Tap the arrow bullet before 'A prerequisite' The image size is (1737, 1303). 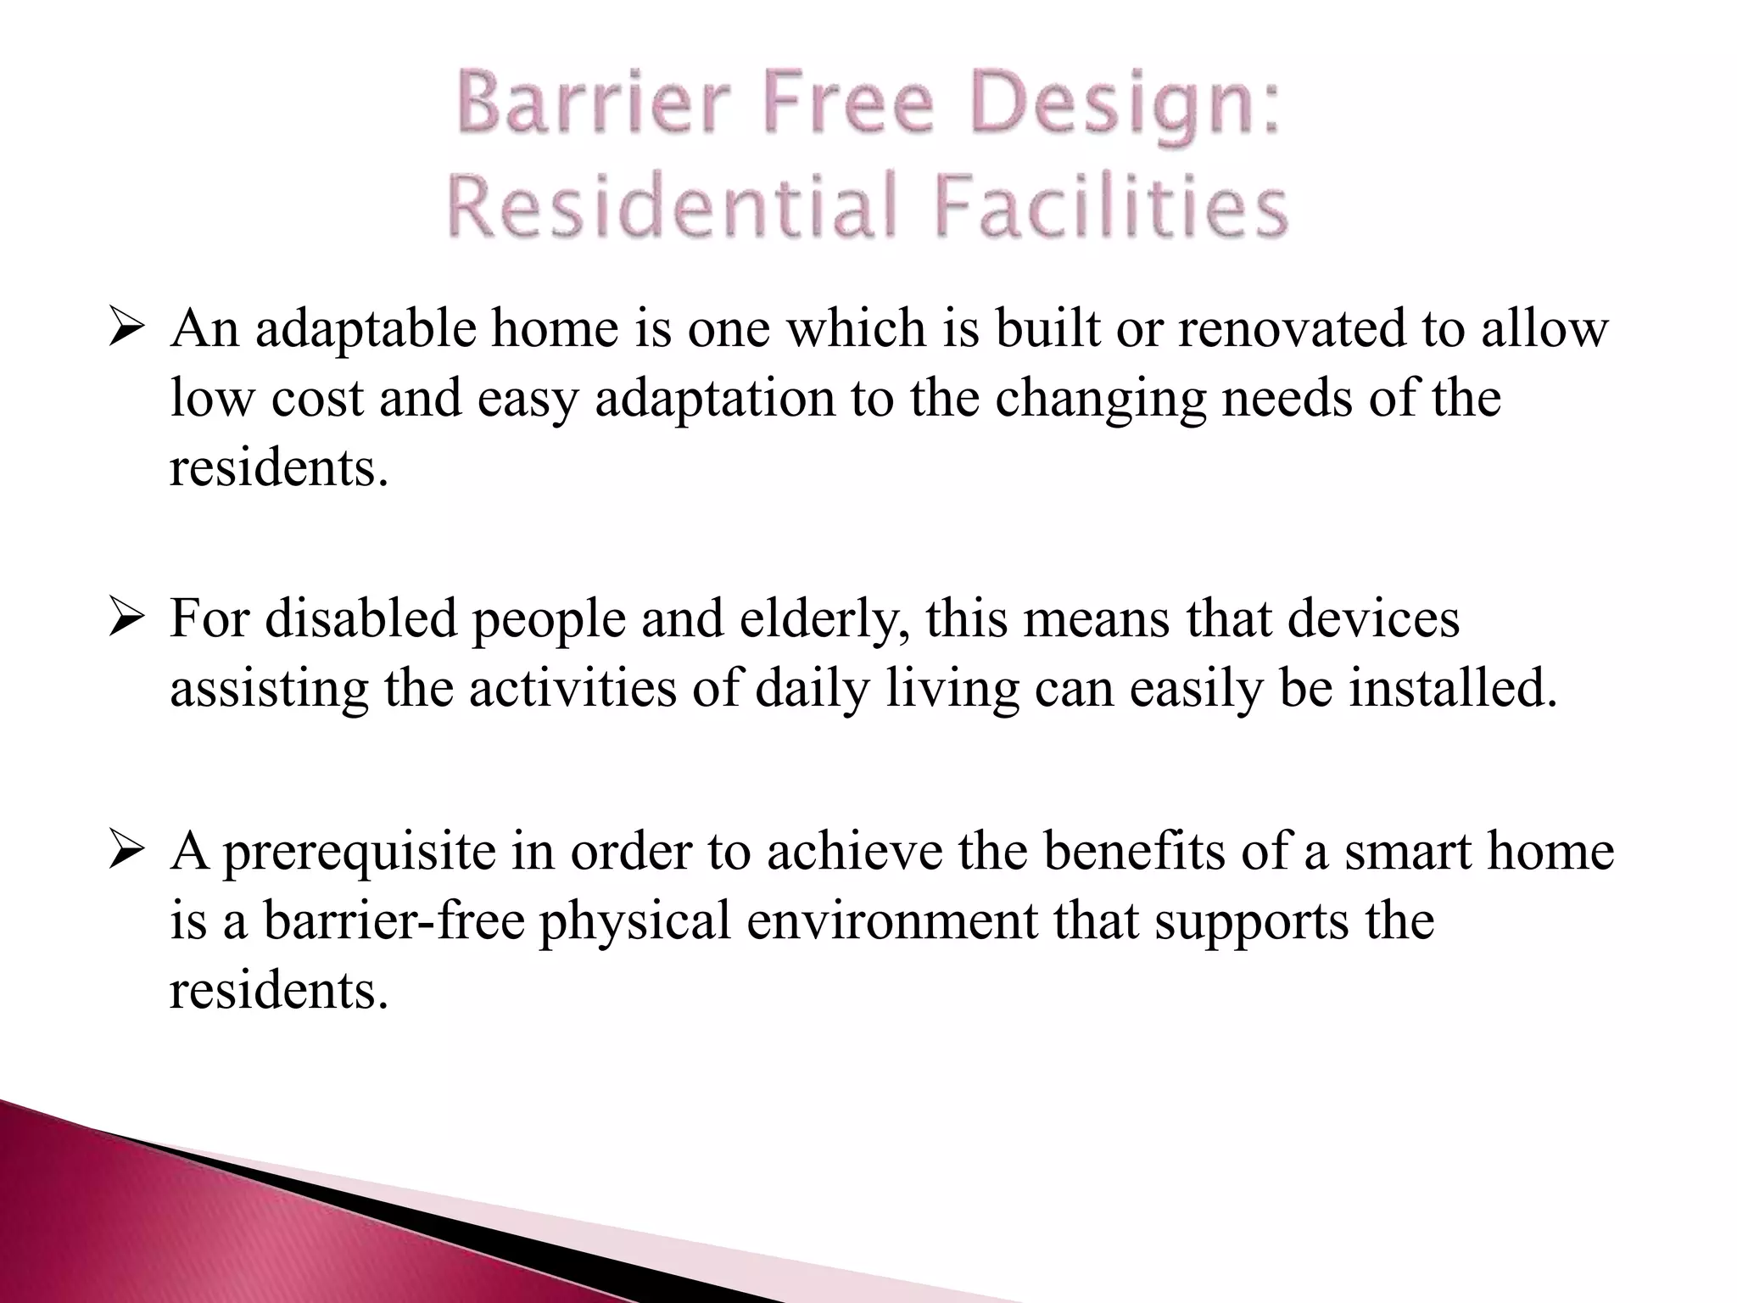coord(128,853)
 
